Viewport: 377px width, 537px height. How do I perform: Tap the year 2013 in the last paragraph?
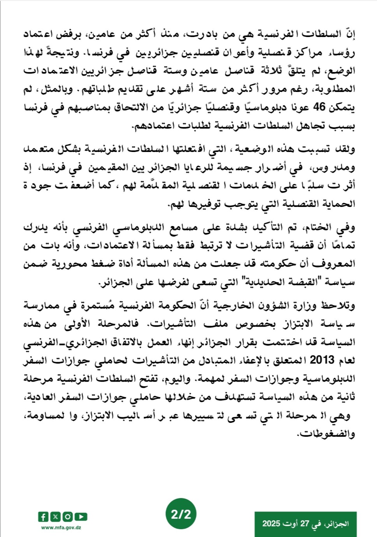(322, 360)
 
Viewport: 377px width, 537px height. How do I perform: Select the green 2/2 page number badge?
(181, 514)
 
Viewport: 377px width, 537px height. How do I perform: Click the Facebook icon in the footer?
(43, 517)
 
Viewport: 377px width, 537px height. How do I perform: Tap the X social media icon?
(55, 517)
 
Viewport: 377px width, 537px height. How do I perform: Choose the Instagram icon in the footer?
(68, 517)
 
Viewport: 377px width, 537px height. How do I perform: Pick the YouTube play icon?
(81, 517)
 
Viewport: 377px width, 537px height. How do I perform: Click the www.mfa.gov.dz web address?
(61, 528)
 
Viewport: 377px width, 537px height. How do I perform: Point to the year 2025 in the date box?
(271, 523)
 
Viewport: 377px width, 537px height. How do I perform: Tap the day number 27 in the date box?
(305, 523)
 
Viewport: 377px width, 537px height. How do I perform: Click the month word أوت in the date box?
(290, 523)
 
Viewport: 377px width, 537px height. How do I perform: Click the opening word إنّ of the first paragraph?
(350, 34)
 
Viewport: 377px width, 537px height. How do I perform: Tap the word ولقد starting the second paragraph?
(346, 149)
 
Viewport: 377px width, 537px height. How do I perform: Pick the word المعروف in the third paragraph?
(335, 264)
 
